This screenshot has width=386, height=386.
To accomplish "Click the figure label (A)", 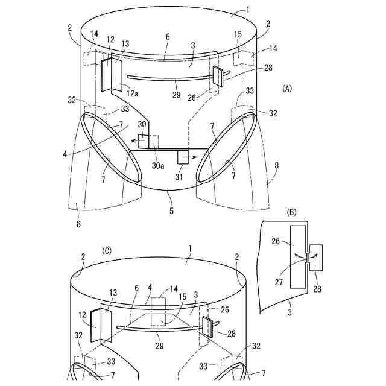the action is (287, 88).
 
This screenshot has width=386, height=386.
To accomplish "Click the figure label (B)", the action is (292, 212).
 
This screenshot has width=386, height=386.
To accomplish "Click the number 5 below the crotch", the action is (171, 210).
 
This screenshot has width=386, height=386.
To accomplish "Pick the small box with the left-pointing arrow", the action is (144, 141).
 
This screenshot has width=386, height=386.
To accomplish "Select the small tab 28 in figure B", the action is (317, 256).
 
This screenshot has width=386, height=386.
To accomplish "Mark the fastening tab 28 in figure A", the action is (217, 75).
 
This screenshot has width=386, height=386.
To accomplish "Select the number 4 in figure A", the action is (65, 154).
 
